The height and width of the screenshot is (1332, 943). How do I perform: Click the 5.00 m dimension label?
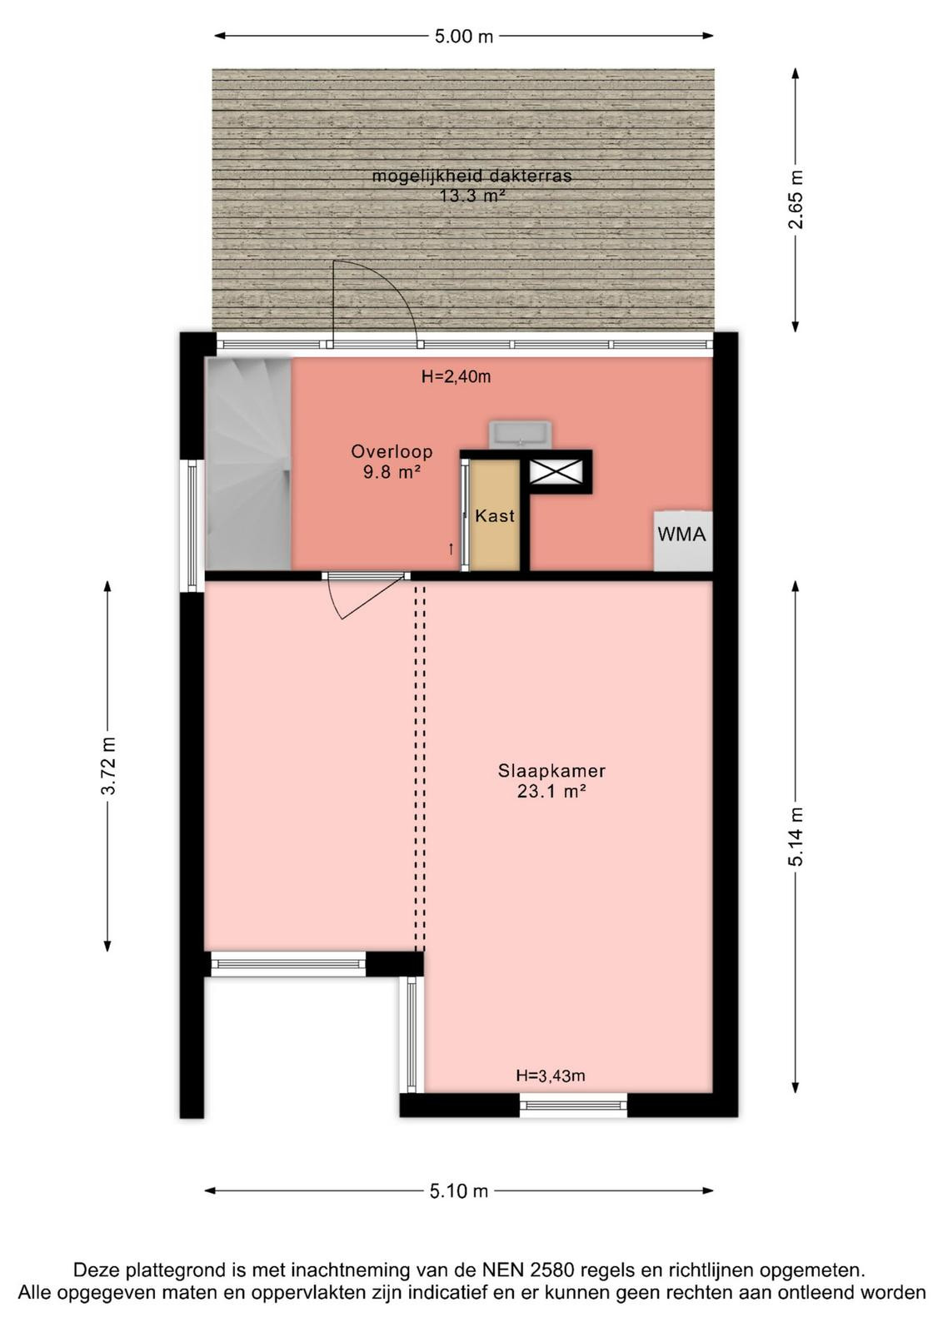pyautogui.click(x=463, y=37)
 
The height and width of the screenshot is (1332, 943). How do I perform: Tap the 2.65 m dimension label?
pyautogui.click(x=796, y=199)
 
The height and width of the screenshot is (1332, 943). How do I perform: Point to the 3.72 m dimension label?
pyautogui.click(x=108, y=766)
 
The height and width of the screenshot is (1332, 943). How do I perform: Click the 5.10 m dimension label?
pyautogui.click(x=459, y=1190)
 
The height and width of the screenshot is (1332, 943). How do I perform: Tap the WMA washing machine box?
pyautogui.click(x=682, y=540)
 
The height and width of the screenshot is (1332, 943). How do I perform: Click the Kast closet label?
pyautogui.click(x=494, y=515)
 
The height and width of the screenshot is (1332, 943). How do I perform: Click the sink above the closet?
pyautogui.click(x=520, y=434)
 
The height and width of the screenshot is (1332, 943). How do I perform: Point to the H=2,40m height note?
pyautogui.click(x=456, y=376)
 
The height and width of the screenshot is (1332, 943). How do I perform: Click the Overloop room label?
pyautogui.click(x=392, y=451)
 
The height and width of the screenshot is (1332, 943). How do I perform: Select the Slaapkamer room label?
pyautogui.click(x=551, y=771)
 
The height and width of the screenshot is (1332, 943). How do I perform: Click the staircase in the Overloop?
pyautogui.click(x=248, y=464)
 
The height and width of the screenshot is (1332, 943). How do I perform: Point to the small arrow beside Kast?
pyautogui.click(x=451, y=549)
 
